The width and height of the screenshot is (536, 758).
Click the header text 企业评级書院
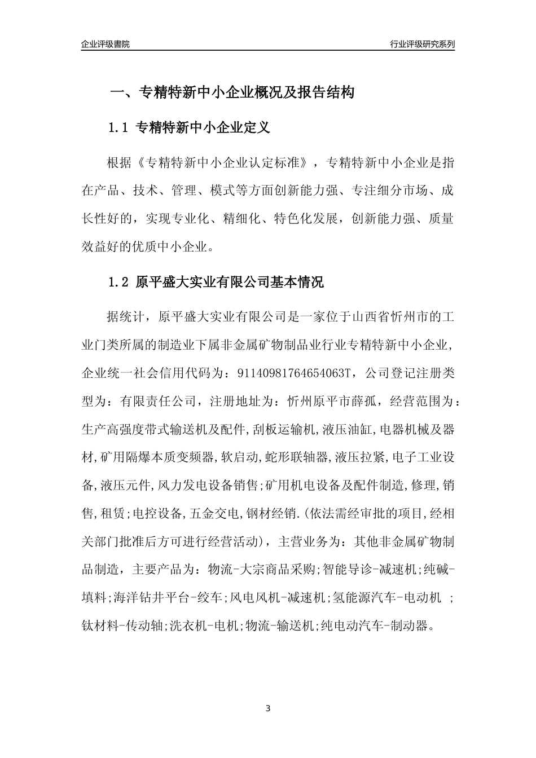106,44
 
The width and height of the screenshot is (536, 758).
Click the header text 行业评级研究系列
422,44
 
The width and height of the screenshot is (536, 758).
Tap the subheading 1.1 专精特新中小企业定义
188,128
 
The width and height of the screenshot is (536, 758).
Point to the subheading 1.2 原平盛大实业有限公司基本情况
216,282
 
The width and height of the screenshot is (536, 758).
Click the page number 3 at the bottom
268,708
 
